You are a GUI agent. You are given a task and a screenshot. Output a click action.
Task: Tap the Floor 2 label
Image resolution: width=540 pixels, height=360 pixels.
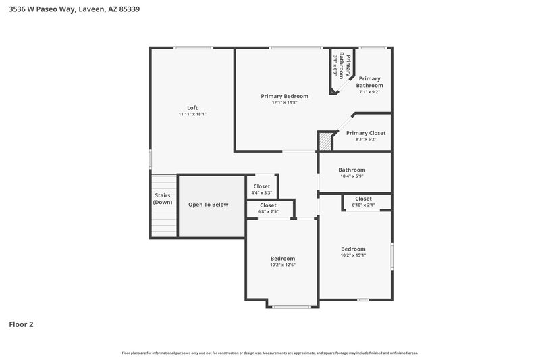point(21,324)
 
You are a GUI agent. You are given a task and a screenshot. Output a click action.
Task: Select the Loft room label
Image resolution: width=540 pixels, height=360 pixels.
point(192,108)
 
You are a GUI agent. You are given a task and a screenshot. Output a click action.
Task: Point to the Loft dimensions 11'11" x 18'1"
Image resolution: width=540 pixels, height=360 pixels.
point(192,115)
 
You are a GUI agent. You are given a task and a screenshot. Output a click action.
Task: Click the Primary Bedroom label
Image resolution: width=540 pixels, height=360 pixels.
point(284,96)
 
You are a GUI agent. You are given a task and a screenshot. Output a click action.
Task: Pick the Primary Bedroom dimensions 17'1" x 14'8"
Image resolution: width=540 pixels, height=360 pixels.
point(284,103)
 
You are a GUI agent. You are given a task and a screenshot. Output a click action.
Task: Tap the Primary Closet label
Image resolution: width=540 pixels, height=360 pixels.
point(366,133)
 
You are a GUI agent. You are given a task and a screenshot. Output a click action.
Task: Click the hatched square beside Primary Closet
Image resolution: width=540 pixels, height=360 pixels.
point(326,141)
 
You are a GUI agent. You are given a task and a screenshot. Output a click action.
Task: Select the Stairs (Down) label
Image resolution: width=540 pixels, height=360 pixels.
point(162,199)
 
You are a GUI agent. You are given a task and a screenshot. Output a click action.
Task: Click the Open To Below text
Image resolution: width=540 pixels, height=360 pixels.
point(208,205)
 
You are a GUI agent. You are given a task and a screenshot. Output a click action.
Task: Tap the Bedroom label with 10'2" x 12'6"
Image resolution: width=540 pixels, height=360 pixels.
point(282,259)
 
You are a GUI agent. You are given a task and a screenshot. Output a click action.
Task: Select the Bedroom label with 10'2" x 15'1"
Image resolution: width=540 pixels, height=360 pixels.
point(352,249)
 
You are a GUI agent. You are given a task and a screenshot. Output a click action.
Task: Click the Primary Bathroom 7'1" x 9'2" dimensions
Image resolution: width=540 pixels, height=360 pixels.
point(369,92)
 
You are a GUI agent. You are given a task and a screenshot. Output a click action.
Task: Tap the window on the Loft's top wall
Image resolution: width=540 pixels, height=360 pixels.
point(194,47)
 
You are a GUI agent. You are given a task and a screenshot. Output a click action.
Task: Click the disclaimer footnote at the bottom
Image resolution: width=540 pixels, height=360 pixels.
point(270,353)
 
